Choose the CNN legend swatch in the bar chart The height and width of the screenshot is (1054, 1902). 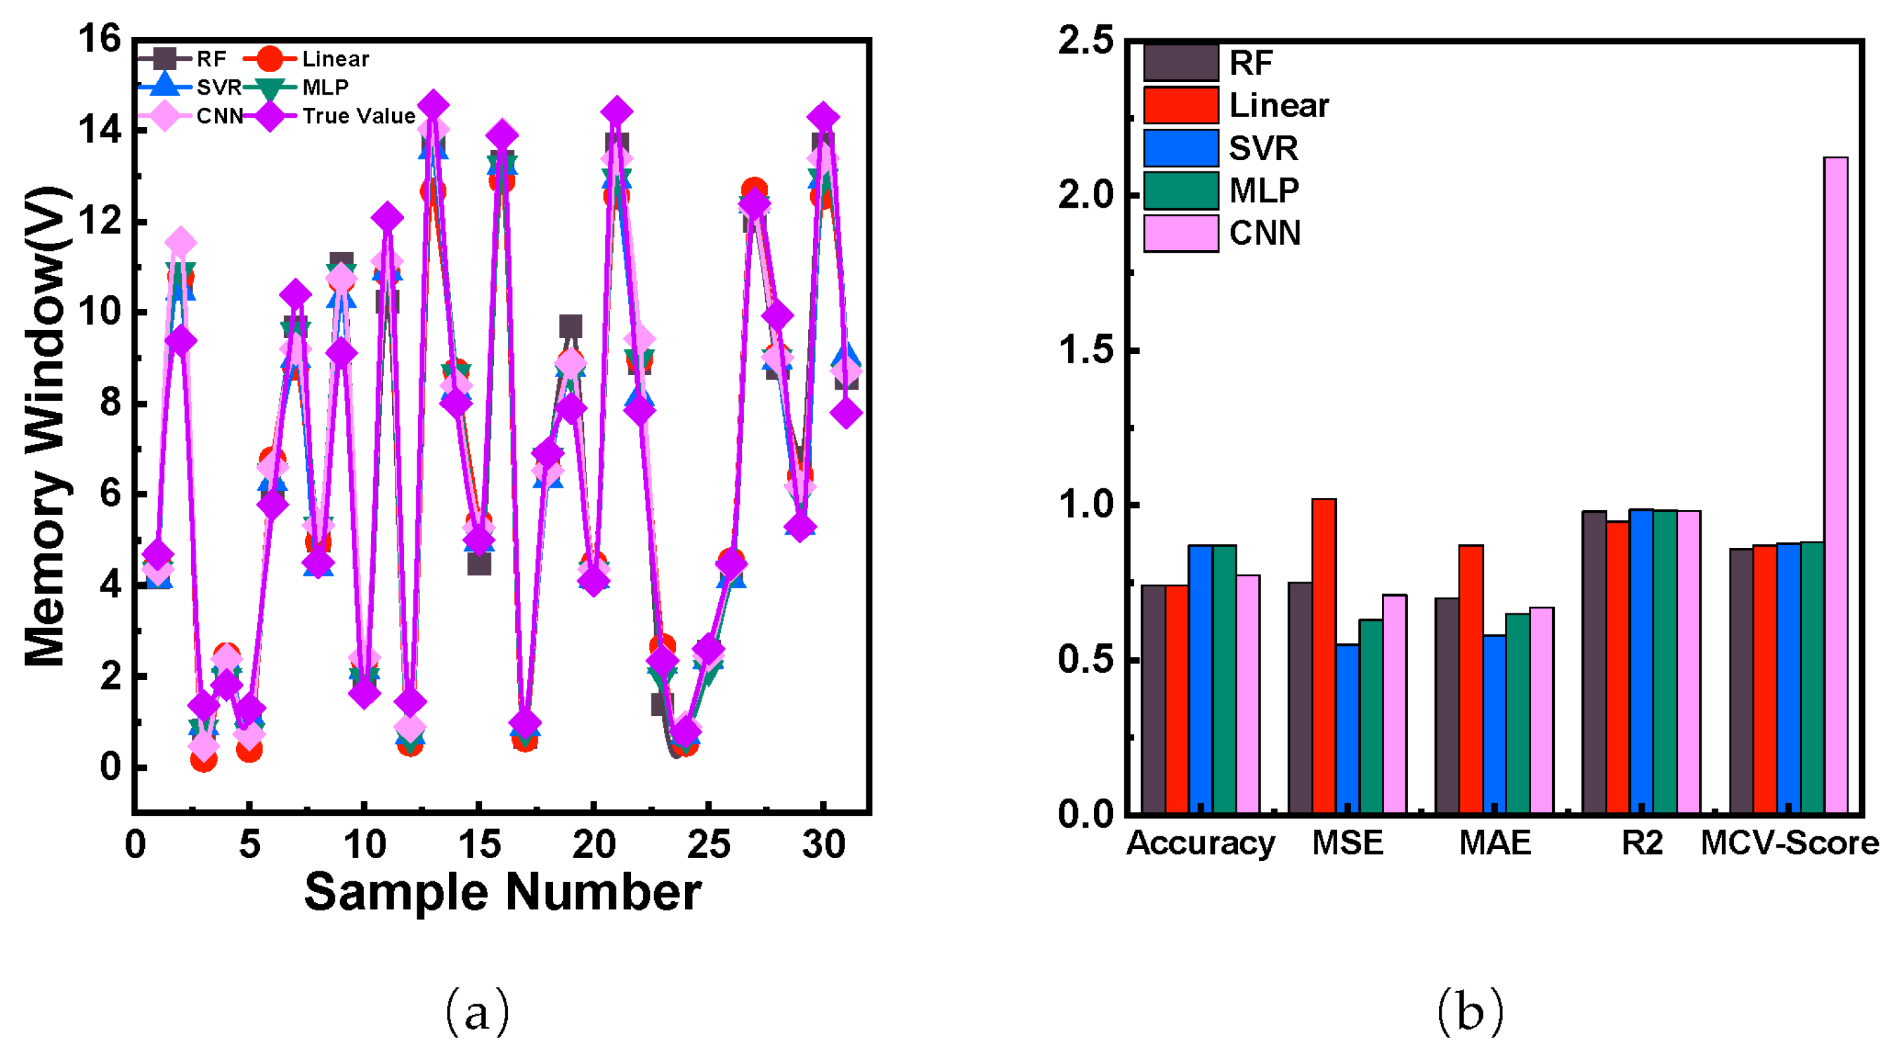(1180, 234)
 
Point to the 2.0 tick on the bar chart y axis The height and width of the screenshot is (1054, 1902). (1085, 196)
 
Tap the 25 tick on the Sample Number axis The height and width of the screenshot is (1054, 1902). (708, 844)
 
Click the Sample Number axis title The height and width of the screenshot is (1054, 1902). (502, 893)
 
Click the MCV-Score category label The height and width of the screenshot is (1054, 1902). (1789, 843)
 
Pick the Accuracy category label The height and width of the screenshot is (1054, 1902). (1200, 843)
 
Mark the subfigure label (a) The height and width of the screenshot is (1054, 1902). (477, 1012)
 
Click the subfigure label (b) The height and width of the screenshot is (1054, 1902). (1470, 1012)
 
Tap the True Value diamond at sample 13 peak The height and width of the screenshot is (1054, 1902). (433, 107)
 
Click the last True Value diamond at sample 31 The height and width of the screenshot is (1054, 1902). (846, 413)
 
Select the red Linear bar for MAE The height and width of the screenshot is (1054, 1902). (1471, 679)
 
